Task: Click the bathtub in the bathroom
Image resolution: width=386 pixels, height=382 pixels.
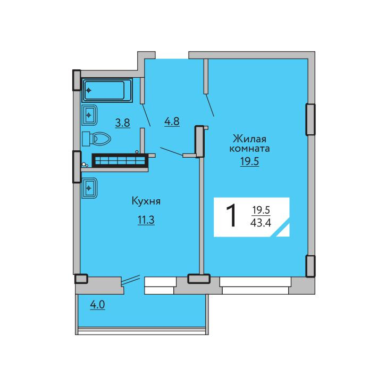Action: click(106, 90)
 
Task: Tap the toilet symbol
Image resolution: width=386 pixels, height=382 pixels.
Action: click(97, 139)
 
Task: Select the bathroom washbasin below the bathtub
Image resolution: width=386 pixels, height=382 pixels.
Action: click(89, 115)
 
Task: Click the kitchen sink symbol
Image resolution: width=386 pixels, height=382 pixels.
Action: click(89, 188)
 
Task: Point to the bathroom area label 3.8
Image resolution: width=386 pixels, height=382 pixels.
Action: click(123, 123)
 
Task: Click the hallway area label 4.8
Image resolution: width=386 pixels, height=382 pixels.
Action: click(172, 121)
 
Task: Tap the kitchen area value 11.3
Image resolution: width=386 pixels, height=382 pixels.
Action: click(146, 220)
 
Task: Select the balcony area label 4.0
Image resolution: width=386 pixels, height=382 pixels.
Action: click(97, 305)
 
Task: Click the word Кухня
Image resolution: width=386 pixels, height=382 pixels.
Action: click(146, 201)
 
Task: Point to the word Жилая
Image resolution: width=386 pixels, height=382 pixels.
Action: click(249, 139)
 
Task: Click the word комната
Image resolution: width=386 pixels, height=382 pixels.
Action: click(249, 149)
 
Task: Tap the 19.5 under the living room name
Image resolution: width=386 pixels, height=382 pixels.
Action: click(249, 161)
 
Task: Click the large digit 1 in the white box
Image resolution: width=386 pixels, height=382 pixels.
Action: click(231, 216)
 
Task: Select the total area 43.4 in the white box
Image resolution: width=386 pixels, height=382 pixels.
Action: click(261, 223)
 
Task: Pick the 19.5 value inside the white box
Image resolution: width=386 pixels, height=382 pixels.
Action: click(261, 210)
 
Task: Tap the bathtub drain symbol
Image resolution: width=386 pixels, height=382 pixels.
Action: click(89, 90)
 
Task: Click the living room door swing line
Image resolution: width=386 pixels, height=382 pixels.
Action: click(209, 105)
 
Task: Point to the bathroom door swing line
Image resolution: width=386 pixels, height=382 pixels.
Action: click(146, 115)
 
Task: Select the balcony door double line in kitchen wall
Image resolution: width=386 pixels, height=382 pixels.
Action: click(131, 280)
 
